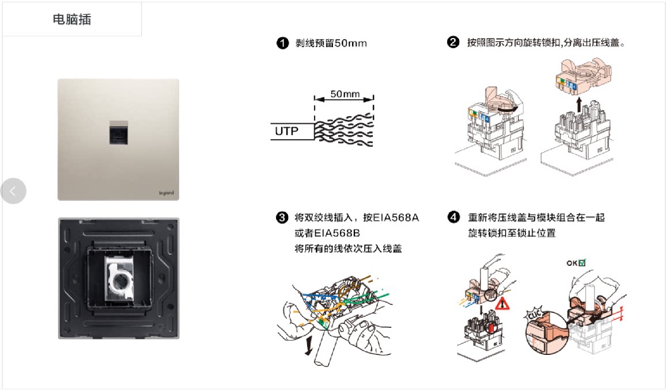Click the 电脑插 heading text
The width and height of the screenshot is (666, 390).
point(72,20)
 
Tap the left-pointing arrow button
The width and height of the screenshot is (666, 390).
point(13,191)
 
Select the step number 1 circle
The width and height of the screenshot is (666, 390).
point(282,43)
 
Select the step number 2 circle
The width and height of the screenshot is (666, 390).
point(453,43)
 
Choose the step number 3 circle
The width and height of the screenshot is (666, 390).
point(282,218)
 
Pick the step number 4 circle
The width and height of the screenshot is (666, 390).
point(454,217)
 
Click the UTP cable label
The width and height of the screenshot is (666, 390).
point(287,132)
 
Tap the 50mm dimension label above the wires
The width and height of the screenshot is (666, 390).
point(345,93)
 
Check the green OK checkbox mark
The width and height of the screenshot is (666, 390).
point(582,263)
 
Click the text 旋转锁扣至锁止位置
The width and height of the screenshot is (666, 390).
point(512,234)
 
